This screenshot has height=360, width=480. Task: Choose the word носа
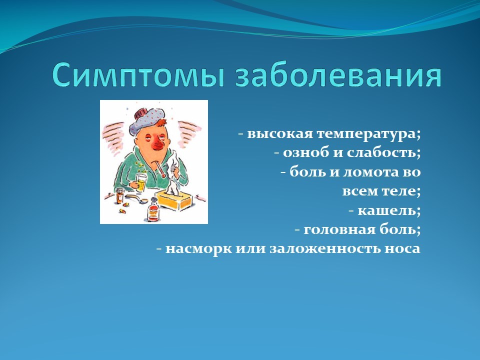pyautogui.click(x=402, y=248)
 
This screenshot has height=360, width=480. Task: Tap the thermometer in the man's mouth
pyautogui.click(x=160, y=170)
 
